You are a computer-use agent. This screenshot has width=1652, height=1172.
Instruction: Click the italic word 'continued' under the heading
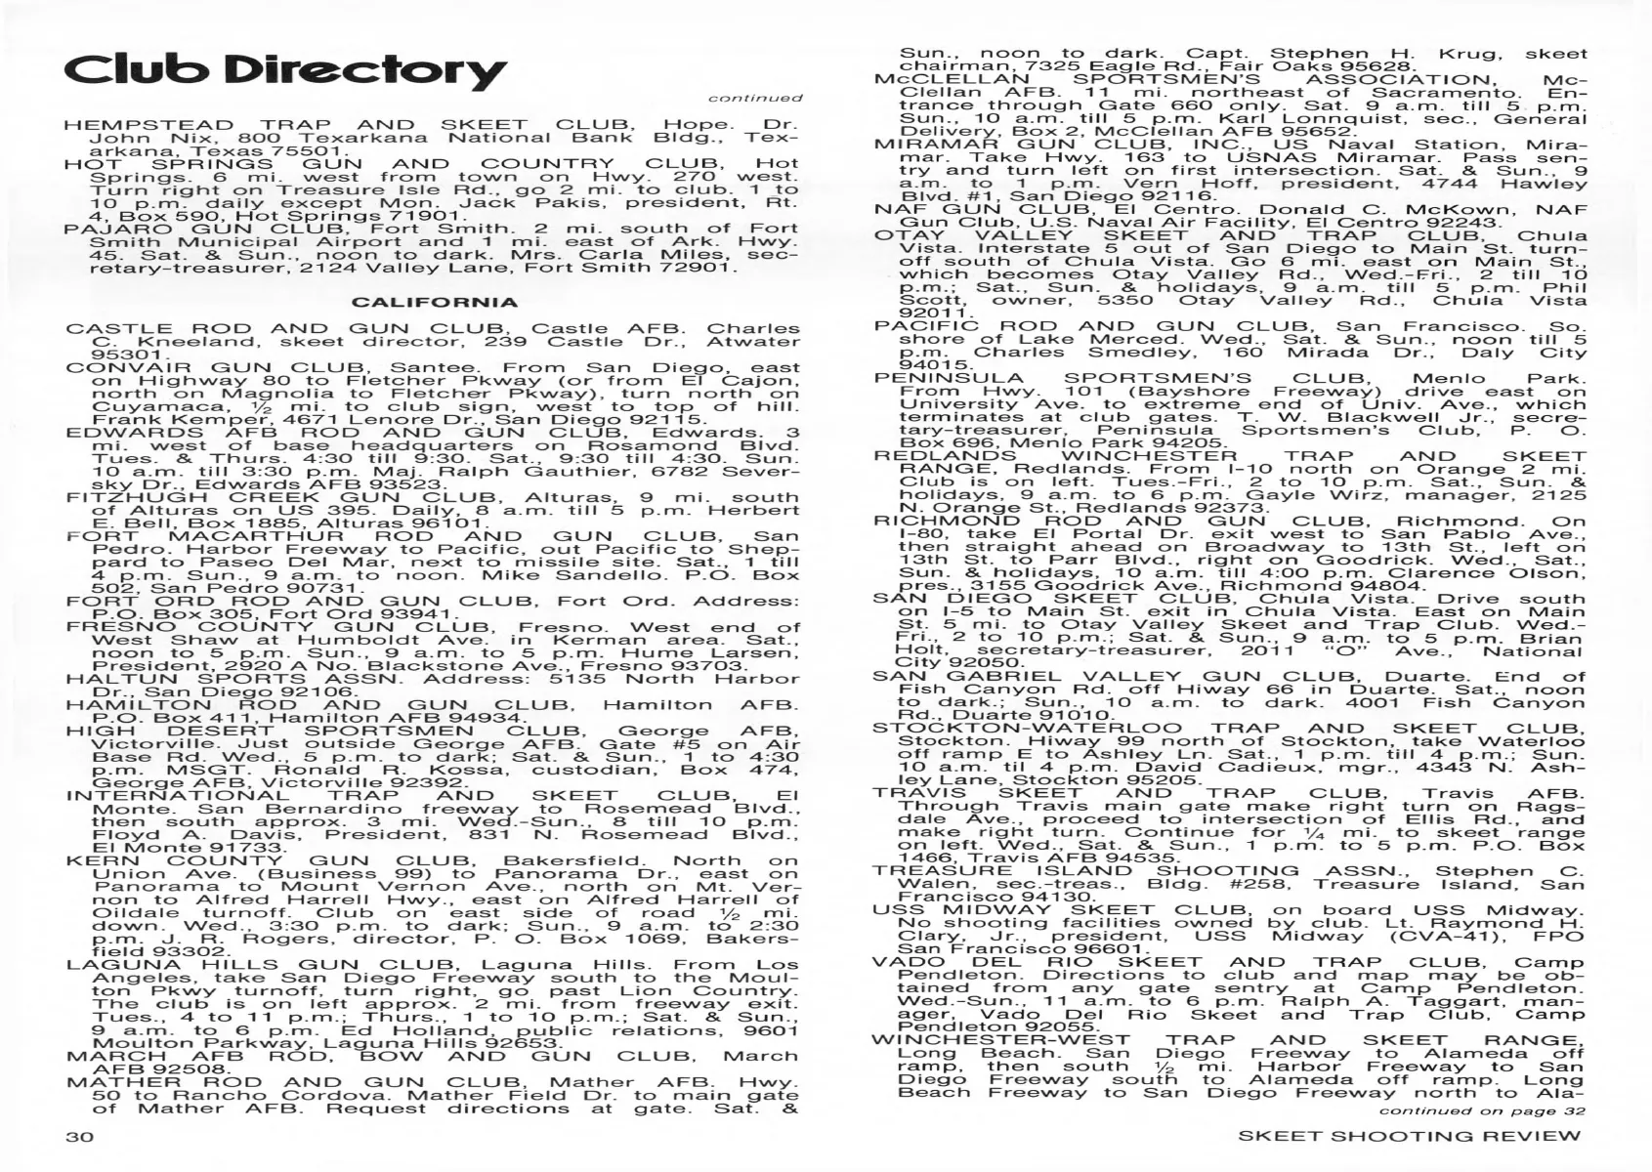(x=755, y=98)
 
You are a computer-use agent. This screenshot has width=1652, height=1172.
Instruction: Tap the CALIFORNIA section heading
(x=435, y=302)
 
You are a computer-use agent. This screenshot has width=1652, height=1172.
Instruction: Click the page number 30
(x=80, y=1136)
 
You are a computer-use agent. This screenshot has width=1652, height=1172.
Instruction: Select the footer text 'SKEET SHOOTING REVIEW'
(x=1409, y=1136)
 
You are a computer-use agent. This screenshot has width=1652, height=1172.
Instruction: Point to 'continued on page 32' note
(x=1482, y=1111)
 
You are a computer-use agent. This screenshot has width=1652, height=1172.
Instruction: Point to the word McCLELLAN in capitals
(x=953, y=80)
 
